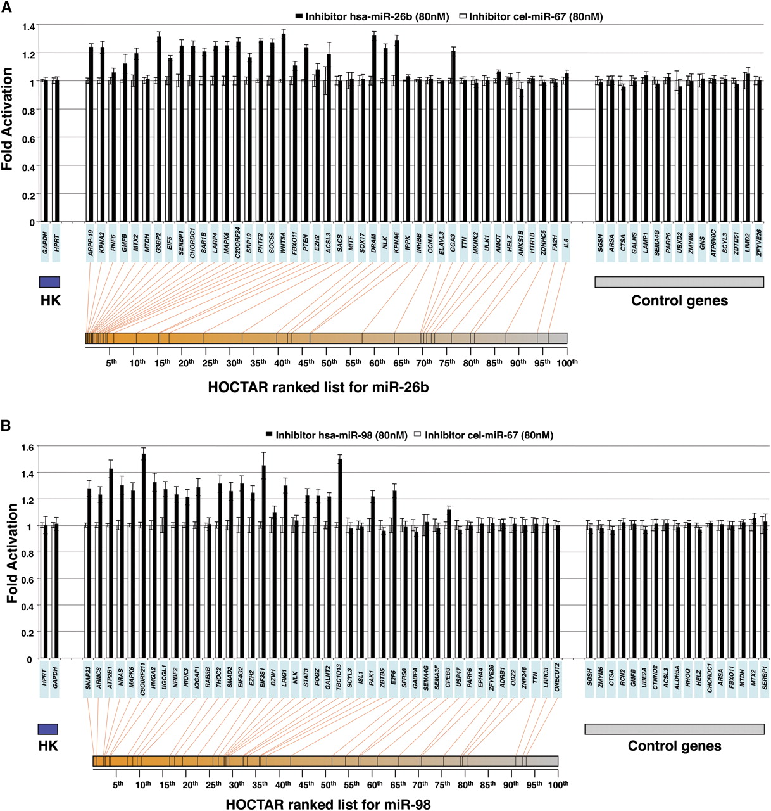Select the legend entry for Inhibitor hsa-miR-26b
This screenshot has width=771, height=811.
point(371,16)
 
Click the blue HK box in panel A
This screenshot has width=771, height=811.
point(49,282)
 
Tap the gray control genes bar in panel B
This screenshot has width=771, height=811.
point(674,729)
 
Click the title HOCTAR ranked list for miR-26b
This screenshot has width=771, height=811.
point(318,387)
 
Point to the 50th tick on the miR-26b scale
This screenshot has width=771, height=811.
point(329,362)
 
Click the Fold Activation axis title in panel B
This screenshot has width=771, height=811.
point(11,553)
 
